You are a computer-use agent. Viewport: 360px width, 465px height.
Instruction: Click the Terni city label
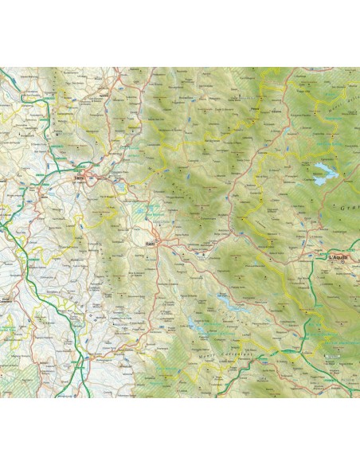pos(78,179)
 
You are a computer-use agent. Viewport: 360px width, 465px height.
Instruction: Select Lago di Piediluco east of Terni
pos(119,185)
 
